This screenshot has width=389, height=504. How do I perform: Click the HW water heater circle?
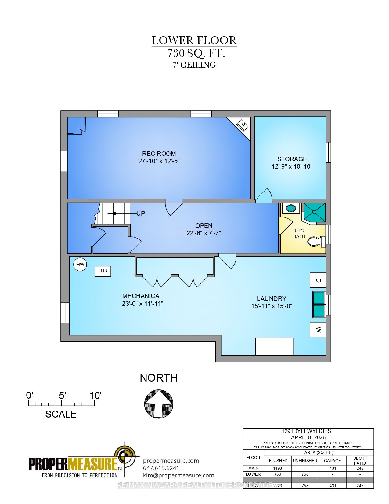(80, 265)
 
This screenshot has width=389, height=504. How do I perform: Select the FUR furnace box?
(103, 271)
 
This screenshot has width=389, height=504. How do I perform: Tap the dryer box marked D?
(318, 280)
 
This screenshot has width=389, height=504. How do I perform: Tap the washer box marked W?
(318, 330)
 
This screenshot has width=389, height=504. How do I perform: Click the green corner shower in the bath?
(314, 212)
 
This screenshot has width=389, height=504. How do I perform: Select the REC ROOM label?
(159, 154)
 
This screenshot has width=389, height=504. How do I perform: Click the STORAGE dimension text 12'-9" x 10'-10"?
(292, 166)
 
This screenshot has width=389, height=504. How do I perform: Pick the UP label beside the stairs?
(141, 214)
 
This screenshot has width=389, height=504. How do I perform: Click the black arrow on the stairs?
(116, 214)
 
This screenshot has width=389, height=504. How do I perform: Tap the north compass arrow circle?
(159, 404)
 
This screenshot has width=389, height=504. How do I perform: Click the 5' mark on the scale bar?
(62, 396)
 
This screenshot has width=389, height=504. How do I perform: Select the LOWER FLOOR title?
(194, 40)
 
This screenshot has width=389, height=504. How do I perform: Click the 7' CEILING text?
(194, 65)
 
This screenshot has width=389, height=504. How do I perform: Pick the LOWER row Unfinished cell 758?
(305, 474)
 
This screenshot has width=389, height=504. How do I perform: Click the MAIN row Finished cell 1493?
(278, 468)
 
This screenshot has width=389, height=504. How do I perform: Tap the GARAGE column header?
(332, 461)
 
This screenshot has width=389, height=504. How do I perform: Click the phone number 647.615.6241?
(161, 468)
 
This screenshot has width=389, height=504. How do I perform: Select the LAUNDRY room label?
(271, 299)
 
